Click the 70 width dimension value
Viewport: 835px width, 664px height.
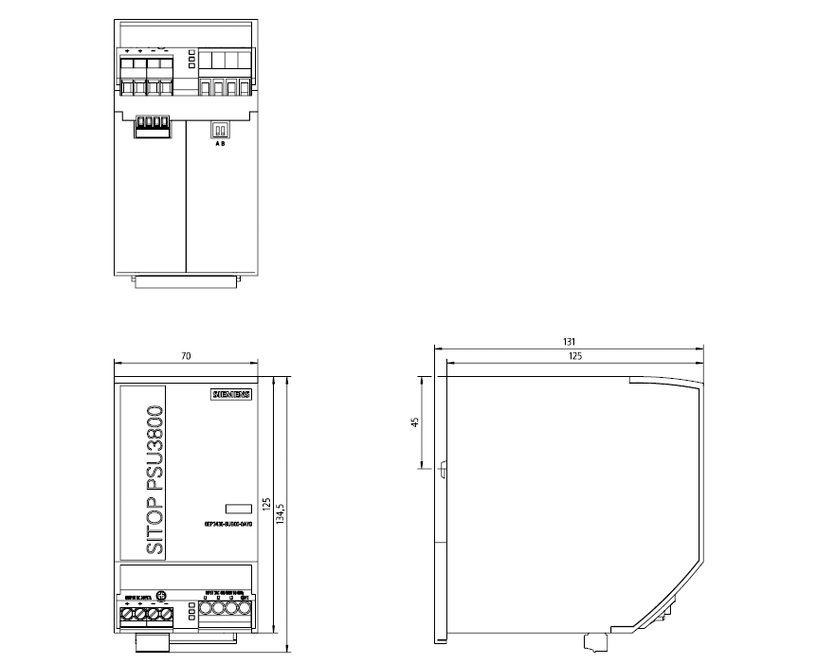pyautogui.click(x=186, y=356)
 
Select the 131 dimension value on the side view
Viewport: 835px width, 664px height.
pyautogui.click(x=569, y=341)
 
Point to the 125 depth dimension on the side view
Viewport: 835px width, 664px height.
pyautogui.click(x=574, y=356)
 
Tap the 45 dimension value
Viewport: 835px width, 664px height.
pyautogui.click(x=414, y=422)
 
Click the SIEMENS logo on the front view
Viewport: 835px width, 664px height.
pyautogui.click(x=230, y=396)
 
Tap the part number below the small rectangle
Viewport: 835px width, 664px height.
pyautogui.click(x=227, y=523)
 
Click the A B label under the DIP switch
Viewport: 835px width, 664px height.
pyautogui.click(x=220, y=143)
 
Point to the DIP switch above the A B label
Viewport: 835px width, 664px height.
pyautogui.click(x=220, y=130)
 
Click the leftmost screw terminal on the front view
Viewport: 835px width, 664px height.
pyautogui.click(x=126, y=616)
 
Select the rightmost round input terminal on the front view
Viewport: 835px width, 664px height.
pyautogui.click(x=245, y=611)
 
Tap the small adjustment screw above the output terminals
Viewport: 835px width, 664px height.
pyautogui.click(x=160, y=595)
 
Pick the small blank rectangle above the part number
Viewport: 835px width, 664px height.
pyautogui.click(x=236, y=509)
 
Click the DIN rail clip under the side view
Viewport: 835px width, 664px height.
pyautogui.click(x=595, y=642)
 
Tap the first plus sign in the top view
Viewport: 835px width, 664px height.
pyautogui.click(x=127, y=50)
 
